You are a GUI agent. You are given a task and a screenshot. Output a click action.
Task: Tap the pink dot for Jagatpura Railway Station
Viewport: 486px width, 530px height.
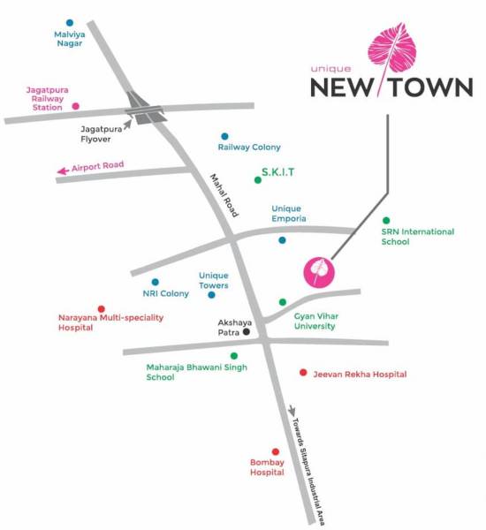click(x=76, y=106)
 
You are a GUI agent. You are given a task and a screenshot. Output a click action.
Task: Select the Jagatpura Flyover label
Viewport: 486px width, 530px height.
click(x=100, y=132)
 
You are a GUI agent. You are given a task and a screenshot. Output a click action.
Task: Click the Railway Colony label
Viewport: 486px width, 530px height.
click(x=249, y=147)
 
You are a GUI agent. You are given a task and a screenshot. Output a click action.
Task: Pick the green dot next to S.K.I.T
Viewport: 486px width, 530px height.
click(x=258, y=180)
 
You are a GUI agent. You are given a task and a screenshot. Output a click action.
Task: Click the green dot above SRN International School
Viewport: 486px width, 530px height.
click(x=385, y=220)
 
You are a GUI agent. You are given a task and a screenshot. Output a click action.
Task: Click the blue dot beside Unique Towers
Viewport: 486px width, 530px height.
click(x=211, y=295)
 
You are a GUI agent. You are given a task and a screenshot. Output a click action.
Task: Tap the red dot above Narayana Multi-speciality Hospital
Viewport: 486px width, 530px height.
click(x=101, y=309)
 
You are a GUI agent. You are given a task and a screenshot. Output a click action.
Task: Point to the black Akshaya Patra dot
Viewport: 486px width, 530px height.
click(x=247, y=333)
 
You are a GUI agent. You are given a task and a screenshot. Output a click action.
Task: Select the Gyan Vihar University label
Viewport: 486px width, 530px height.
click(x=315, y=321)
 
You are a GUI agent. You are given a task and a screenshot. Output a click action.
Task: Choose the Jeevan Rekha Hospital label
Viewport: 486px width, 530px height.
click(x=360, y=375)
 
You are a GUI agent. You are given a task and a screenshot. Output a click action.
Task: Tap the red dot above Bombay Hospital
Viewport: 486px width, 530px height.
click(x=276, y=451)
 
